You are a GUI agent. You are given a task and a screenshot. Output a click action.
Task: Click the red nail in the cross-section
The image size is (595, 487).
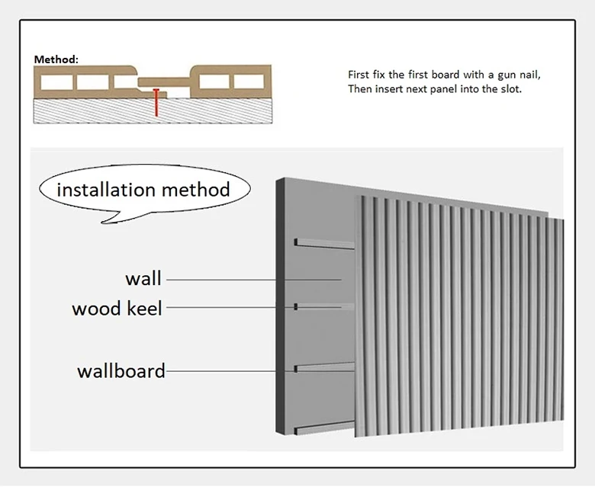click(x=156, y=102)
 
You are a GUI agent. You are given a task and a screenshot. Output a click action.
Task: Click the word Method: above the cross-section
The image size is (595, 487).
click(x=56, y=59)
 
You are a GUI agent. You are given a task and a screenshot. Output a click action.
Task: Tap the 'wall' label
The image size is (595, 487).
click(x=143, y=278)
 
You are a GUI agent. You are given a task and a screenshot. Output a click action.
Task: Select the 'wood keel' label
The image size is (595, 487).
click(x=117, y=309)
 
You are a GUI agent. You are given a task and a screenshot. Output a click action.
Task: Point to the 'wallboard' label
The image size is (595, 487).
click(x=121, y=371)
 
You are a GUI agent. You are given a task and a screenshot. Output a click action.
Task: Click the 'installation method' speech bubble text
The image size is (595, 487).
click(x=143, y=190)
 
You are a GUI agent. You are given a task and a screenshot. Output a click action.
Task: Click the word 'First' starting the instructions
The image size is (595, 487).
click(x=359, y=75)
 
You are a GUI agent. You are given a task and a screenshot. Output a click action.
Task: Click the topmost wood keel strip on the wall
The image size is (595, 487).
click(x=324, y=244)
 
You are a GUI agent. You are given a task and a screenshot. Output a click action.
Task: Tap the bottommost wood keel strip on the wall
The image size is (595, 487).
click(x=324, y=428)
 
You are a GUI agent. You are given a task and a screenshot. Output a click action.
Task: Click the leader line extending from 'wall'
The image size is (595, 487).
click(x=254, y=280)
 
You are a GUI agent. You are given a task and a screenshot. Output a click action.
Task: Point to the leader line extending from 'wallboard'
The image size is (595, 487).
click(x=260, y=371)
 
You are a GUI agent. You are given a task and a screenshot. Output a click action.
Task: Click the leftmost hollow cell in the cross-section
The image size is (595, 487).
click(x=57, y=82)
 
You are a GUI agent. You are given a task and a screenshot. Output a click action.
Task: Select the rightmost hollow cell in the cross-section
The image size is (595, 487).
click(x=249, y=82)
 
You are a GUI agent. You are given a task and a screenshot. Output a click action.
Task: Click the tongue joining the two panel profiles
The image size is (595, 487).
click(x=163, y=82)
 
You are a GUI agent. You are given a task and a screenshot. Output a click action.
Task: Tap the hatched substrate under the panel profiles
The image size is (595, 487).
click(x=153, y=111)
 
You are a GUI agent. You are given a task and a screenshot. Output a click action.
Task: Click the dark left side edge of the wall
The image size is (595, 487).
click(x=280, y=306)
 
